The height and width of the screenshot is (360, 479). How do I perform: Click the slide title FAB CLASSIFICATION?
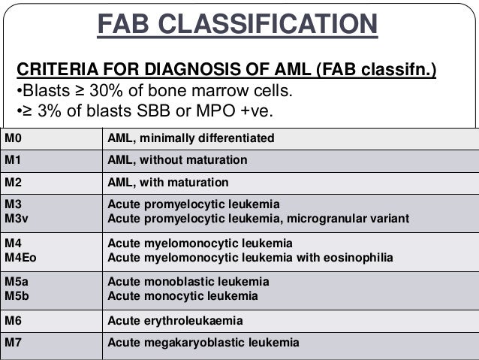[x=236, y=25]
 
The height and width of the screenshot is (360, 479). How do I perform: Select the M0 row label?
[x=13, y=139]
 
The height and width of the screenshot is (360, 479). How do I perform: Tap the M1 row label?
[x=13, y=161]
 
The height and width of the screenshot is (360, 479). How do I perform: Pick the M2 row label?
[x=13, y=183]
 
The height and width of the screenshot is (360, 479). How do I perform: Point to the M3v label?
[x=16, y=219]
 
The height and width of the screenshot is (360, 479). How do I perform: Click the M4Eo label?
[x=20, y=257]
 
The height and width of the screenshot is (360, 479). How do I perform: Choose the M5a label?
[x=17, y=282]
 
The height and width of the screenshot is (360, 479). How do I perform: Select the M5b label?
[x=17, y=296]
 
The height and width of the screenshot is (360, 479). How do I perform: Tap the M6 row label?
[x=13, y=321]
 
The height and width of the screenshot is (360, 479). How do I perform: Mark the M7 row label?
[x=13, y=343]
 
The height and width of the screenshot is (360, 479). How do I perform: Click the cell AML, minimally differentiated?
[x=191, y=139]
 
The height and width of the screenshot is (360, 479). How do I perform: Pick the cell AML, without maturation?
[x=177, y=161]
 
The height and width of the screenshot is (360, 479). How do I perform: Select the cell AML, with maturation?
[x=168, y=183]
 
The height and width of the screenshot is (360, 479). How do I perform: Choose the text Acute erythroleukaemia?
[x=175, y=321]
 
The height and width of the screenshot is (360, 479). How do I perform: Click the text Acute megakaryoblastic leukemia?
[x=203, y=343]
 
